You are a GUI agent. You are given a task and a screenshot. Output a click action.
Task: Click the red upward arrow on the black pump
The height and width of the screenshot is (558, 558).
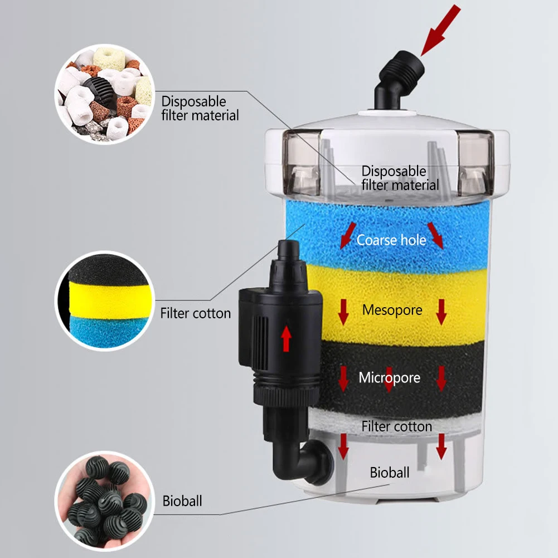pos(287,338)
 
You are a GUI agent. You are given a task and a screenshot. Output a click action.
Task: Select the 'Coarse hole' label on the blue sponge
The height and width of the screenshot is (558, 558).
pos(391,240)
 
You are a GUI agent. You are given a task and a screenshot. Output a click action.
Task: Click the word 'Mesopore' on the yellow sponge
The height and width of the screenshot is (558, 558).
pos(392,309)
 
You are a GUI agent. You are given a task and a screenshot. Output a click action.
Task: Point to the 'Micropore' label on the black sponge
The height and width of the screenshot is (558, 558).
pos(389,378)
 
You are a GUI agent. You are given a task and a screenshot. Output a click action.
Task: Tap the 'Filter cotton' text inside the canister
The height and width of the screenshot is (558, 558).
pos(396,426)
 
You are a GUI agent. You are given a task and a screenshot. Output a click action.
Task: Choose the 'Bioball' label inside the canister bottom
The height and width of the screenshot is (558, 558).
pos(390,473)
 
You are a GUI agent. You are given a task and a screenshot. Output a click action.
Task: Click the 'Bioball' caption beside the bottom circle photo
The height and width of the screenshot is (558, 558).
pos(182,501)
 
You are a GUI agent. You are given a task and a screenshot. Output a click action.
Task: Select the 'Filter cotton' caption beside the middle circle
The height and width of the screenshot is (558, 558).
pos(195,313)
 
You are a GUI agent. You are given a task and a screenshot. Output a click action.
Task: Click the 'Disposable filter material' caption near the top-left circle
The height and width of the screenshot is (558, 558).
pos(200,109)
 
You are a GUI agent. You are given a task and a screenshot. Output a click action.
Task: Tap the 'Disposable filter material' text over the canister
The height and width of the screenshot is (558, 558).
pos(400,178)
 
